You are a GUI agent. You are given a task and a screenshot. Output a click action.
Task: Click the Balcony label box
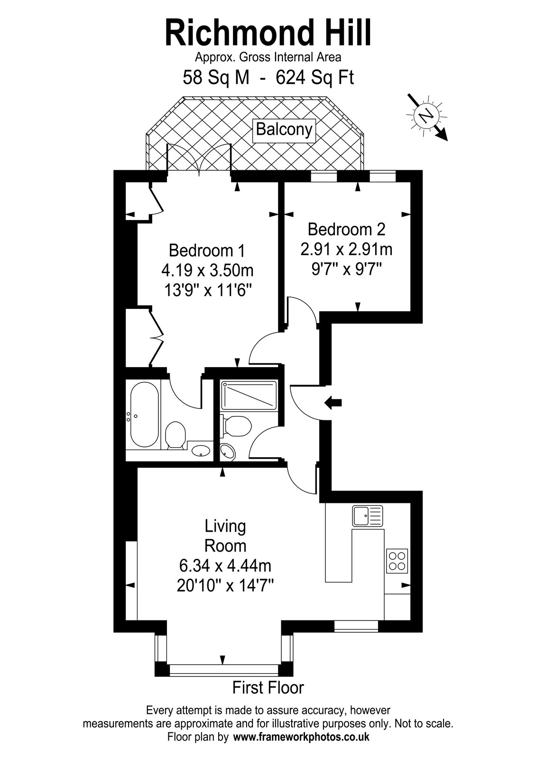[x=284, y=130]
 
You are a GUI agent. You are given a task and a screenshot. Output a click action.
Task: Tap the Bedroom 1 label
[x=207, y=251]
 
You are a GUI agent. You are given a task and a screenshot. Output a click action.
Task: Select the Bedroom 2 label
[x=346, y=230]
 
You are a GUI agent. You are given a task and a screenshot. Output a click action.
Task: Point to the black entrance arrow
[x=333, y=403]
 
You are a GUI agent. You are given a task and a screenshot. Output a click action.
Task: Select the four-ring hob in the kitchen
[x=397, y=561]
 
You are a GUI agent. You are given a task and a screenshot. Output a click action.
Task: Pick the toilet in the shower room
[x=237, y=426]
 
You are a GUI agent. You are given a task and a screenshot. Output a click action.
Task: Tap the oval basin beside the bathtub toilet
[x=201, y=451]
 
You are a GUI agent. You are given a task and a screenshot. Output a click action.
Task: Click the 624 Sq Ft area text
[x=315, y=78]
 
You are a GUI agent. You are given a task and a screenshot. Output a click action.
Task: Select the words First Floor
[x=268, y=688]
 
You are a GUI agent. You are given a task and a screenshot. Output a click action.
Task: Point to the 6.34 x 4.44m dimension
[x=225, y=565]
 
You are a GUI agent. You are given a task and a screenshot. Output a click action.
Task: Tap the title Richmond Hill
[x=268, y=33]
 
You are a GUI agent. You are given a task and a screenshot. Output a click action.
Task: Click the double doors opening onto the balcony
[x=199, y=159]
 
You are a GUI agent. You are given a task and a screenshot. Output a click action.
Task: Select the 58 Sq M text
[x=216, y=78]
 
